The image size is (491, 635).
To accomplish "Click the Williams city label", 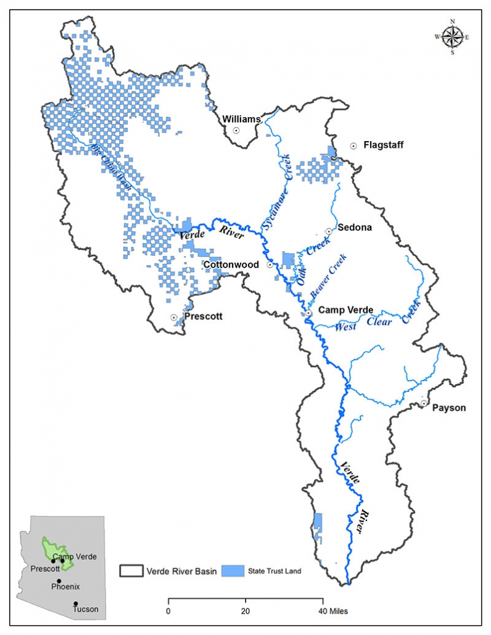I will [242, 118].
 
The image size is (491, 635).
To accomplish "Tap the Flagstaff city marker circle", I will [353, 146].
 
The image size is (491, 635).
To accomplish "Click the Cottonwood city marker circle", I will [270, 264].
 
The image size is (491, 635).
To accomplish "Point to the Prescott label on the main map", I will [203, 316].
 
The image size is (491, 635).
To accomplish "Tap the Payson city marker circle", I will [424, 403].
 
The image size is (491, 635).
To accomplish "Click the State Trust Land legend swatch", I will [233, 571].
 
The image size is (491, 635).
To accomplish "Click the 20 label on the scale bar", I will [245, 612].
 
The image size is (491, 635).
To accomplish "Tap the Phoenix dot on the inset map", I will [59, 581].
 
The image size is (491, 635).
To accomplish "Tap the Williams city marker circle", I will [236, 130].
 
